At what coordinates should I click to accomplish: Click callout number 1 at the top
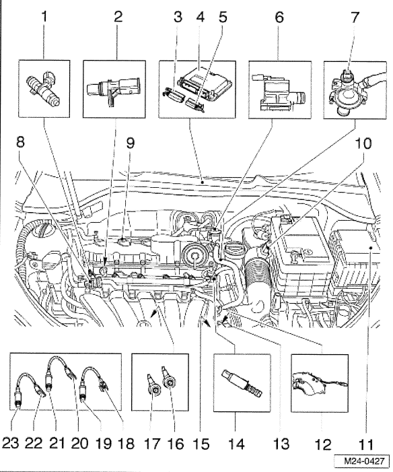(44, 17)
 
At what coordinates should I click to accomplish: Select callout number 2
(118, 17)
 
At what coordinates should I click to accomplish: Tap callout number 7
(355, 18)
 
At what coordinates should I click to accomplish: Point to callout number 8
(20, 142)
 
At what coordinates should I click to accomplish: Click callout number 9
(130, 143)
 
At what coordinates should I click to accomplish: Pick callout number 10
(363, 143)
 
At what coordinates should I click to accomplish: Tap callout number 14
(236, 444)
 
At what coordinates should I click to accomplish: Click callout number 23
(11, 444)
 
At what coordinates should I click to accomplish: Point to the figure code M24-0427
(365, 461)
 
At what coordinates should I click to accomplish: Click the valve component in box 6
(279, 90)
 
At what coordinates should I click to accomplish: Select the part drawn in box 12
(319, 384)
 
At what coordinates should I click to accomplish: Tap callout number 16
(175, 444)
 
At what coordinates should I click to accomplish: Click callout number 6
(279, 18)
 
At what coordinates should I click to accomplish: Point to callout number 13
(282, 444)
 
